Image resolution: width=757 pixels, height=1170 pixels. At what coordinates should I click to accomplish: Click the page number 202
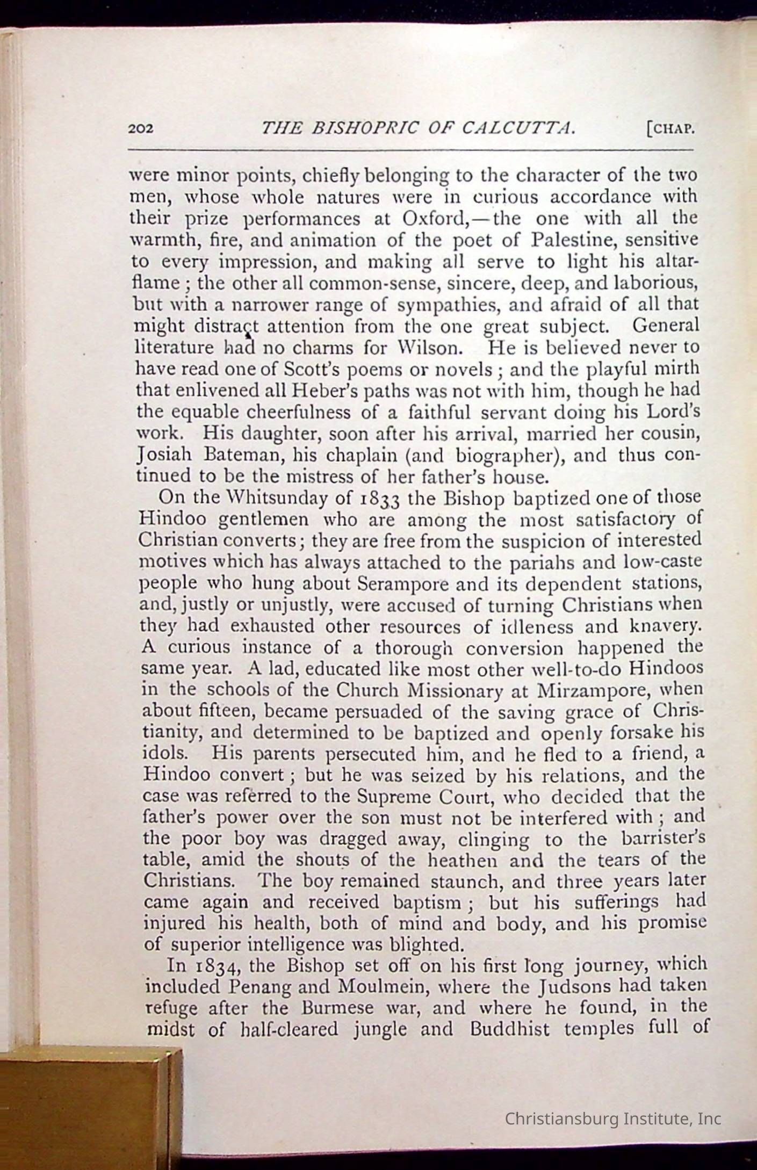coord(141,129)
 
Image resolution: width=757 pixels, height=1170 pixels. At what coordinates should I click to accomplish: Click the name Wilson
coord(435,348)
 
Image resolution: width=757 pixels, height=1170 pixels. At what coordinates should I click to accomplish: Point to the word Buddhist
coord(509,1029)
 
